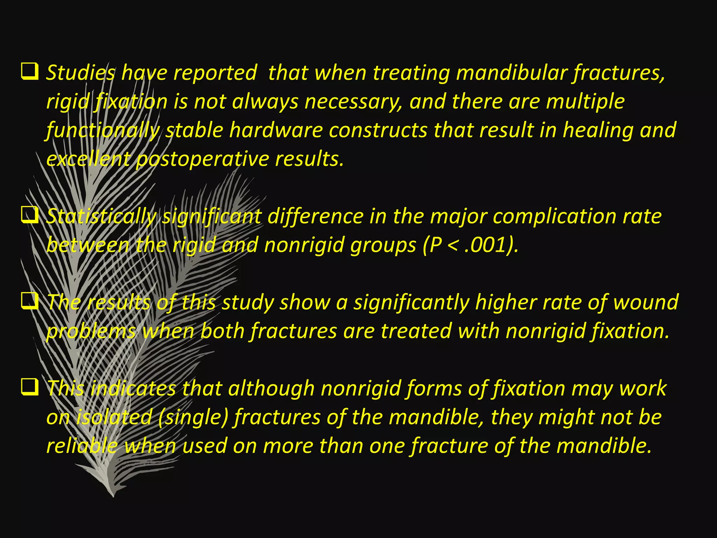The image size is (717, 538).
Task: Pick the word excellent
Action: click(x=88, y=159)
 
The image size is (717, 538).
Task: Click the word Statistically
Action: click(x=101, y=216)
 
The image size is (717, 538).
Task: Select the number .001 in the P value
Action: click(x=488, y=245)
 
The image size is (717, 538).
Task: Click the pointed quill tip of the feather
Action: click(x=113, y=495)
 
